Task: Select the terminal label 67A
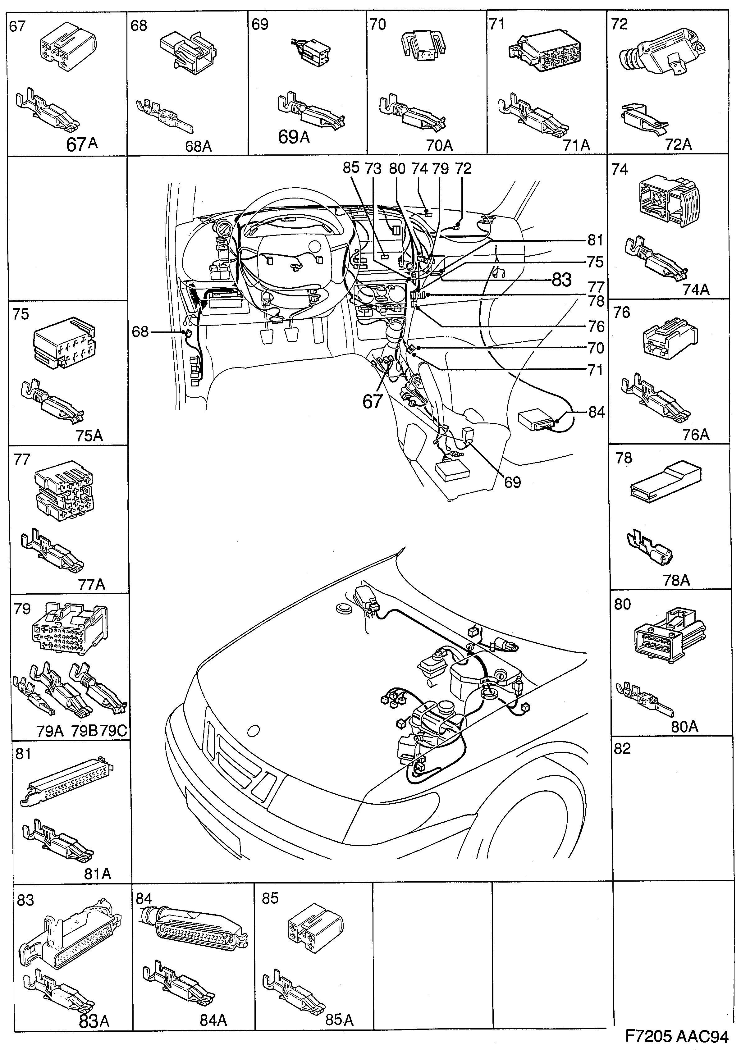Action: pos(82,144)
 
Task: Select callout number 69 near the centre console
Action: pos(512,482)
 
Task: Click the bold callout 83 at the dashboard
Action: pos(561,280)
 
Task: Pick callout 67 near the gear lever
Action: pos(372,402)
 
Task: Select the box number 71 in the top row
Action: pos(497,24)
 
